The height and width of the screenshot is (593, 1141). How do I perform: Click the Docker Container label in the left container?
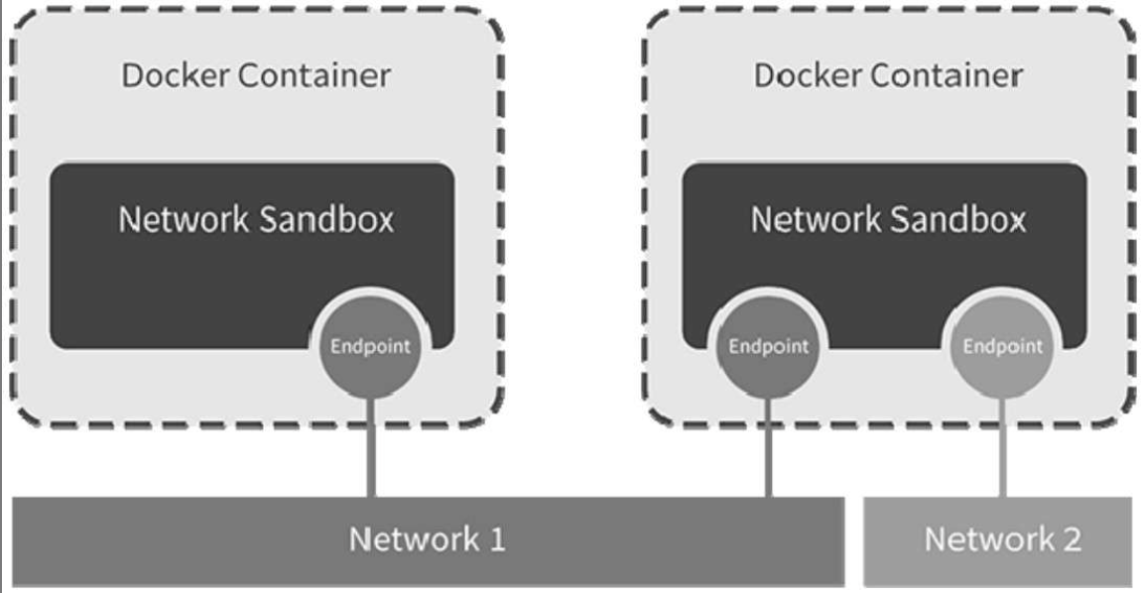click(x=255, y=75)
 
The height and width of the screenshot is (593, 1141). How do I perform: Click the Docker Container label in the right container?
click(x=888, y=75)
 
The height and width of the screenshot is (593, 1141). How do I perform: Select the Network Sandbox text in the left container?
click(x=255, y=219)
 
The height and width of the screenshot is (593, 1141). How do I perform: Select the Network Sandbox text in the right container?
click(x=888, y=219)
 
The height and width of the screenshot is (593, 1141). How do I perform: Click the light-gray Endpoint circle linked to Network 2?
click(x=1002, y=347)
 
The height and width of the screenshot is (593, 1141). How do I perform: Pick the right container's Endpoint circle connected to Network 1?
click(x=767, y=347)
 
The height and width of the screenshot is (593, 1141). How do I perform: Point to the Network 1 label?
click(x=427, y=540)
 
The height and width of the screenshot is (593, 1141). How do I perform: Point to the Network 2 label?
click(x=1002, y=540)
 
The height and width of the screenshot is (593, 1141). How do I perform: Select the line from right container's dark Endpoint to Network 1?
click(x=768, y=446)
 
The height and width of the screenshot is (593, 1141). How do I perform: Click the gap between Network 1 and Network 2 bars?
click(x=854, y=540)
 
